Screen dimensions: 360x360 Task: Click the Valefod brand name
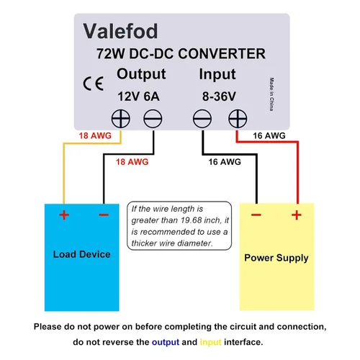(120, 31)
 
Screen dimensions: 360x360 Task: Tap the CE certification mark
(94, 84)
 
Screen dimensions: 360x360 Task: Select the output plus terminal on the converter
(121, 119)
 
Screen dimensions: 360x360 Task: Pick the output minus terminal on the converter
(153, 119)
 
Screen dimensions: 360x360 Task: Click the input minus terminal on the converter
(202, 119)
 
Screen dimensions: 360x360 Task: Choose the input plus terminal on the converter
(238, 119)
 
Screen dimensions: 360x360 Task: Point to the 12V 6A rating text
(138, 96)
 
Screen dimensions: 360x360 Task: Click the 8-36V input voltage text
(219, 96)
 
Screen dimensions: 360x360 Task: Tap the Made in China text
(271, 94)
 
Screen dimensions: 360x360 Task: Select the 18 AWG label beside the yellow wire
(95, 135)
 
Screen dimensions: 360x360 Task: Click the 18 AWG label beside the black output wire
(132, 162)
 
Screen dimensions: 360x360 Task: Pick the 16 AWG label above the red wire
(269, 135)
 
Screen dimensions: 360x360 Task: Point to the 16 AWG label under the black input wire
(225, 162)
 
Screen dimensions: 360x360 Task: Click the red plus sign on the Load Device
(64, 215)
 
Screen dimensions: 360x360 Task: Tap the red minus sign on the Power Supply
(256, 215)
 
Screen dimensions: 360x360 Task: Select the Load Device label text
(82, 254)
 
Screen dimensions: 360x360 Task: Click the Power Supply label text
(276, 258)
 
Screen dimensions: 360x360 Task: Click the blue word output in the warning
(166, 342)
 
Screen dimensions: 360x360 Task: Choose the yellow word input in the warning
(211, 343)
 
